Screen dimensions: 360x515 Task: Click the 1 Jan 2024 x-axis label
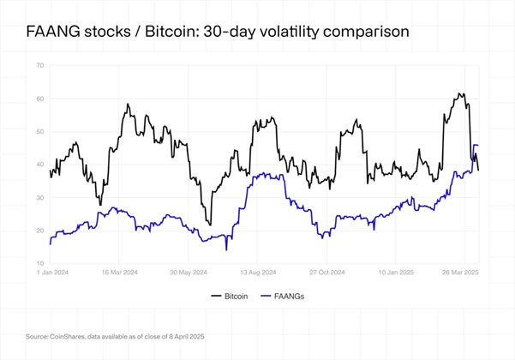(x=53, y=272)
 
